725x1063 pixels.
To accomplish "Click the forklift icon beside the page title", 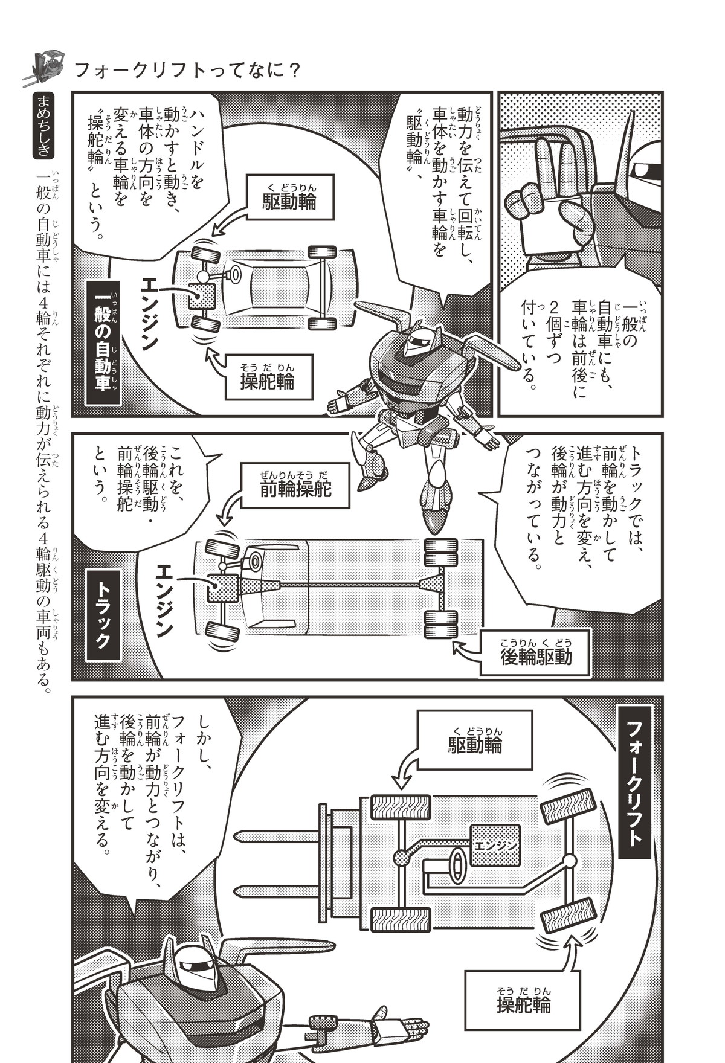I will point(46,65).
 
